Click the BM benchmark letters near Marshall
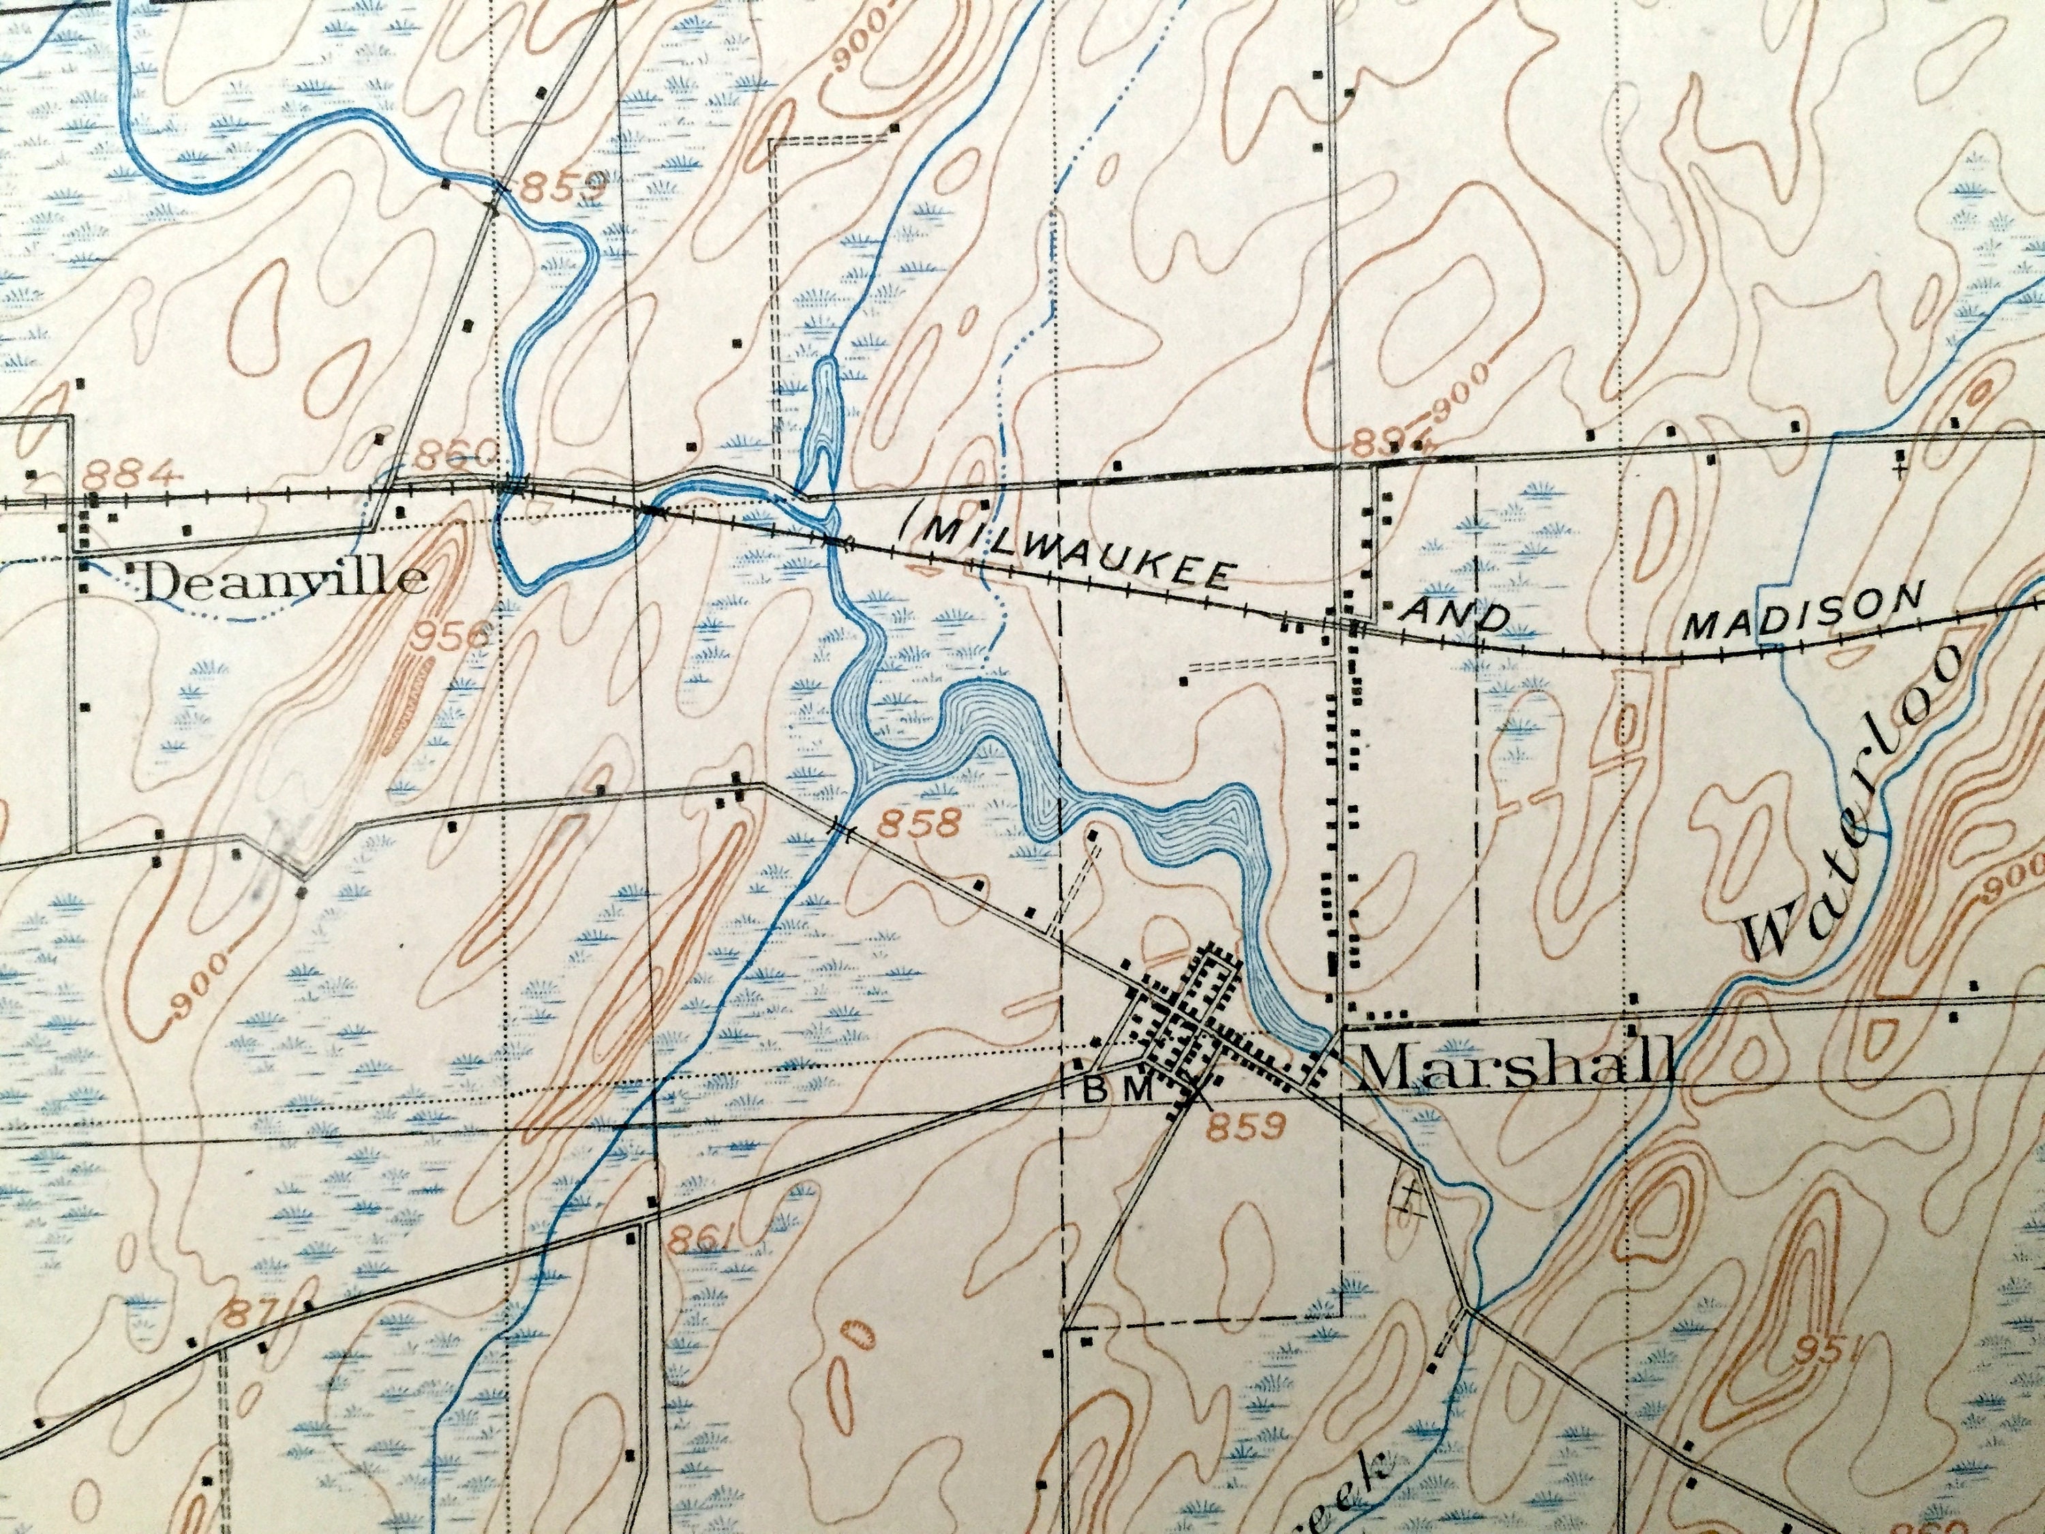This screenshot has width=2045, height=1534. pos(1117,1090)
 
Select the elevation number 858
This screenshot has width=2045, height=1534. pos(921,821)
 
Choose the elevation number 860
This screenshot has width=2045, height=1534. pos(453,454)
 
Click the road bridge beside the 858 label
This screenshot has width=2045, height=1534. pos(840,828)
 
